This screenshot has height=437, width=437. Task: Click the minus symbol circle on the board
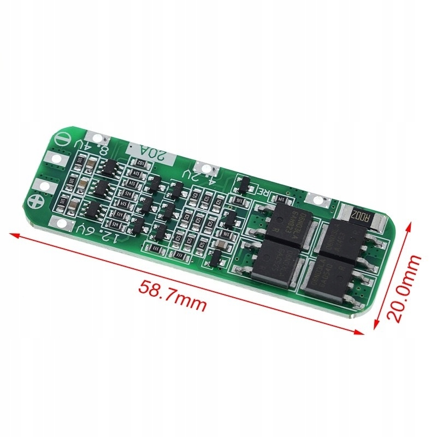tap(61, 140)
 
